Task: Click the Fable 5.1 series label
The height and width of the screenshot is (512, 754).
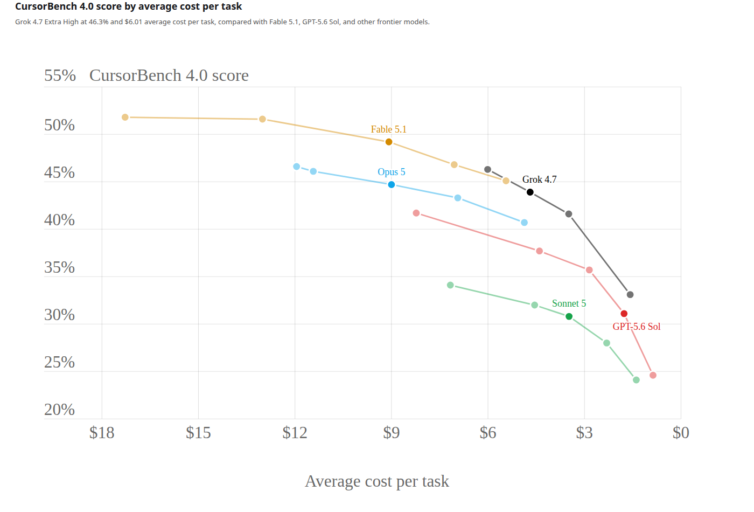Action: (388, 129)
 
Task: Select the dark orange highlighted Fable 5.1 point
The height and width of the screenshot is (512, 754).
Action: (389, 142)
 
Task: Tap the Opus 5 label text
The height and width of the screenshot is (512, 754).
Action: (391, 172)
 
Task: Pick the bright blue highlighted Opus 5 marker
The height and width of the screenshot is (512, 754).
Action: (391, 184)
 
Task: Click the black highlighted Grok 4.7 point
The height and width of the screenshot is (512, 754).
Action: (530, 192)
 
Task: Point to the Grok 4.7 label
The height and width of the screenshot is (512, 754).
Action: (539, 179)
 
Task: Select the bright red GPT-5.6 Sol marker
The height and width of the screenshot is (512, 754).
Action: (624, 314)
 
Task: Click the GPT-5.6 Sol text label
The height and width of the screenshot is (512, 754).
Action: (636, 327)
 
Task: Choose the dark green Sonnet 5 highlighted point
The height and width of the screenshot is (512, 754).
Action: (569, 316)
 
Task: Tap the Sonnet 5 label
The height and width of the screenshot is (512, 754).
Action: (569, 303)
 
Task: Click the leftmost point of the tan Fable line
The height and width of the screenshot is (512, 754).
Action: (125, 117)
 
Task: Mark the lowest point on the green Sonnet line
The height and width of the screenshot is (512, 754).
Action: (636, 380)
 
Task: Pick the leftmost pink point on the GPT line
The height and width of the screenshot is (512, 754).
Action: (416, 213)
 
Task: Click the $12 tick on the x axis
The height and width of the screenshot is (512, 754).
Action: (295, 432)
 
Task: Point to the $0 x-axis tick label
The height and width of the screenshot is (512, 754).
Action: (681, 432)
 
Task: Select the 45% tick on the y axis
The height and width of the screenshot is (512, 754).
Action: (59, 172)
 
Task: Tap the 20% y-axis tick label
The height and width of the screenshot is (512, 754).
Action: (59, 410)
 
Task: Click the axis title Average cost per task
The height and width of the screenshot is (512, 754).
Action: (376, 481)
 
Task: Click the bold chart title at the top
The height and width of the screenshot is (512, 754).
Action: (128, 6)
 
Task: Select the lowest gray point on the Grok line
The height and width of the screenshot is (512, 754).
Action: (630, 295)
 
